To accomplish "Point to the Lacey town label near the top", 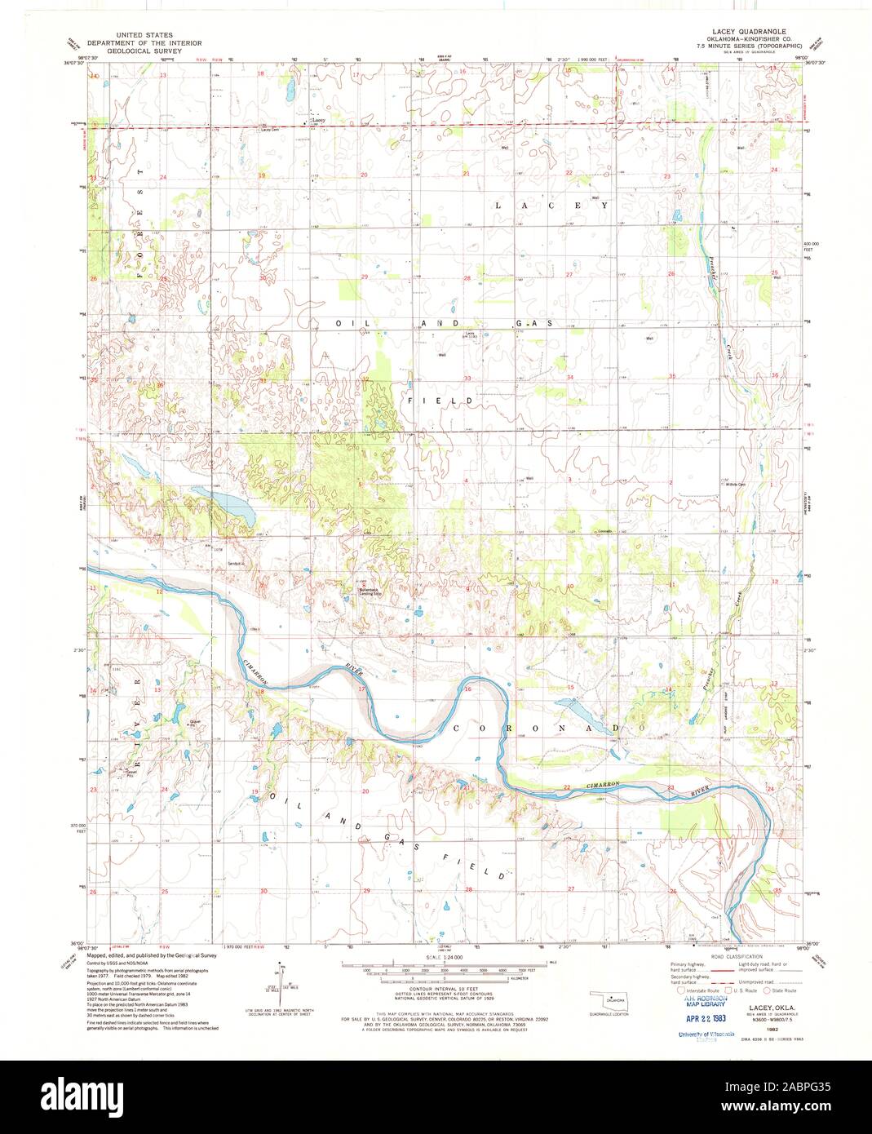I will click(318, 121).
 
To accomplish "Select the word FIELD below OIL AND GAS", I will click(441, 401).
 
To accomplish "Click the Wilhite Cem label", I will click(737, 485).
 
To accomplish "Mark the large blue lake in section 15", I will click(581, 711).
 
